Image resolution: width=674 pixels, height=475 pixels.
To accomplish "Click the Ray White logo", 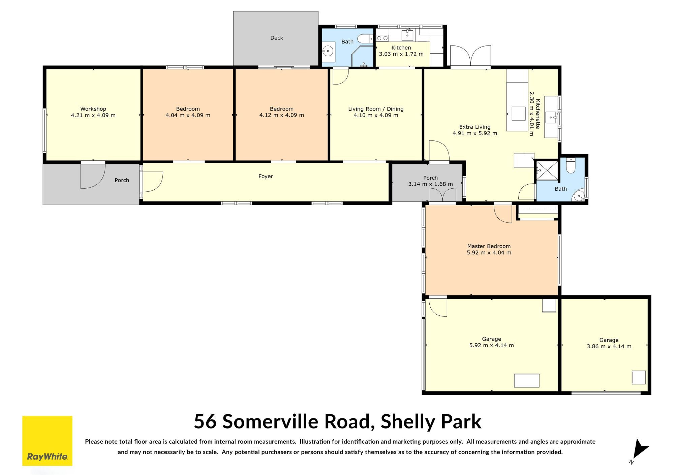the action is pyautogui.click(x=47, y=441).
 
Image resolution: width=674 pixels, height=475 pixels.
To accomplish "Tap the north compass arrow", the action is pyautogui.click(x=639, y=450).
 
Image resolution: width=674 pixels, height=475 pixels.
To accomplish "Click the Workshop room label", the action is pyautogui.click(x=93, y=109).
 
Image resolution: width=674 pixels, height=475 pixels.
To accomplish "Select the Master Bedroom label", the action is pyautogui.click(x=489, y=246).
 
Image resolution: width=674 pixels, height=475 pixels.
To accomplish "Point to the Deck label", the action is pyautogui.click(x=277, y=38).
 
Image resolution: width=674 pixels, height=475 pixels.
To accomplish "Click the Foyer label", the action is pyautogui.click(x=266, y=176).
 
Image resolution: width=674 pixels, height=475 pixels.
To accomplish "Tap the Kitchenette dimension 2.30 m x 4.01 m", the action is pyautogui.click(x=531, y=114).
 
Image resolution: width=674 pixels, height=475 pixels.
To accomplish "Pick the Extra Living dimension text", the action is pyautogui.click(x=475, y=133).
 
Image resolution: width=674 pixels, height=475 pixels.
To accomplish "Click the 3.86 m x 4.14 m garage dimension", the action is pyautogui.click(x=609, y=346).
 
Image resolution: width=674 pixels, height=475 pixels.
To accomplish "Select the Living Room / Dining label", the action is pyautogui.click(x=376, y=109).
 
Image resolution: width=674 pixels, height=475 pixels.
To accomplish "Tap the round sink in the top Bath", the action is pyautogui.click(x=328, y=52).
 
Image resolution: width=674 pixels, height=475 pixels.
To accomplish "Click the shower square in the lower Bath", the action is pyautogui.click(x=547, y=171).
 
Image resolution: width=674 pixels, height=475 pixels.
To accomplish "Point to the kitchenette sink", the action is pyautogui.click(x=552, y=117).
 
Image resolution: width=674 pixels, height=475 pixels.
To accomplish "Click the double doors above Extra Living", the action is pyautogui.click(x=471, y=56).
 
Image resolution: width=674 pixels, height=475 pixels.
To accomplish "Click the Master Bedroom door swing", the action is pyautogui.click(x=503, y=214).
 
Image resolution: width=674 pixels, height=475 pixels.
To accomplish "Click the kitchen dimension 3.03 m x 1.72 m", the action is pyautogui.click(x=401, y=54).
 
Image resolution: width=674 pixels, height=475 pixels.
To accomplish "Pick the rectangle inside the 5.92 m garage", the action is pyautogui.click(x=526, y=381).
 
